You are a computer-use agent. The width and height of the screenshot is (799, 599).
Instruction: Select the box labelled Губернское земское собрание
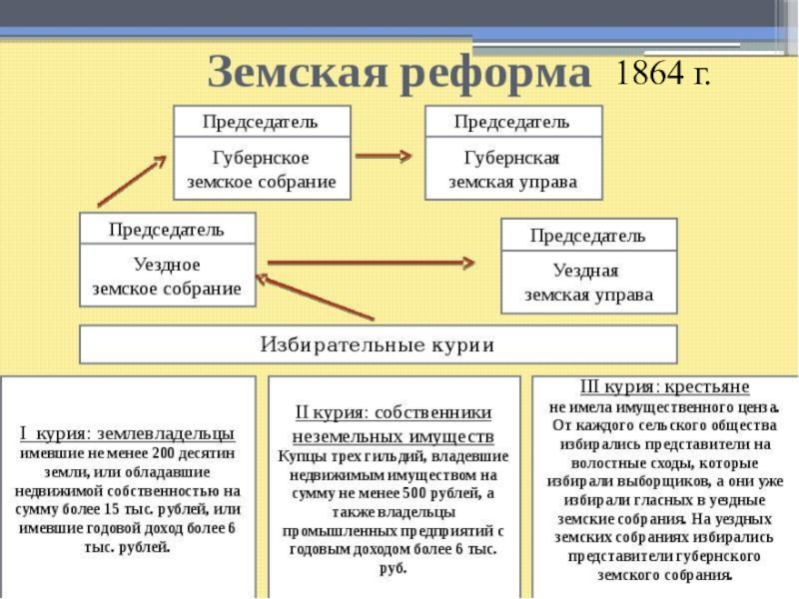pos(262,171)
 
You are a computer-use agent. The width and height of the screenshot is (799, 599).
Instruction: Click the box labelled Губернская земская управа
pos(512,171)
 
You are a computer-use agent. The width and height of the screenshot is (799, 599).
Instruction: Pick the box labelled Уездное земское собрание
pos(167,277)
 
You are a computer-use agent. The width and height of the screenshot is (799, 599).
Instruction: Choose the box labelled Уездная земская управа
pos(588,283)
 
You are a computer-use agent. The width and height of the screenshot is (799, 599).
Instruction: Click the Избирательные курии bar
pos(378,344)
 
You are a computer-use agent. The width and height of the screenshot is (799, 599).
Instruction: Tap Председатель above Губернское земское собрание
pos(262,122)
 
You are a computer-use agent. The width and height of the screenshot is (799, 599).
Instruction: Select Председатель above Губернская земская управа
pos(512,122)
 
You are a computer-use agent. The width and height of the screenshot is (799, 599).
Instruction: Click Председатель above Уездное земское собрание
pos(167,229)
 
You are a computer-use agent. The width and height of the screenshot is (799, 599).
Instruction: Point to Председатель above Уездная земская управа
pos(588,236)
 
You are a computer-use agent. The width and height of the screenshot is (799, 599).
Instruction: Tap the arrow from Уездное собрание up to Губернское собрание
pos(131,182)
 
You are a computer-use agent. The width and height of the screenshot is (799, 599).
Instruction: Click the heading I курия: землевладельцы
pos(128,433)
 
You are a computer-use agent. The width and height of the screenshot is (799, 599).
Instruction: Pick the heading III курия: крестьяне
pos(664,385)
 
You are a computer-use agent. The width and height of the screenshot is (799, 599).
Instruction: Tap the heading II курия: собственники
pos(393,412)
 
